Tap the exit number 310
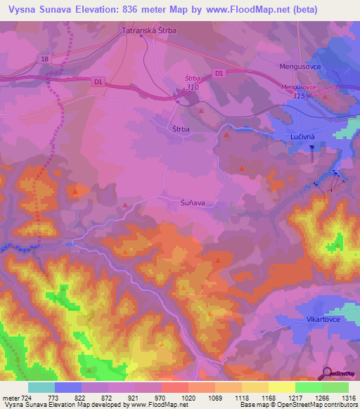click(x=192, y=87)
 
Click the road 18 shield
click(x=46, y=60)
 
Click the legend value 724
click(x=27, y=398)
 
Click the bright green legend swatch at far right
click(x=335, y=387)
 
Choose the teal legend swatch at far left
click(x=41, y=387)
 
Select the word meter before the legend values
click(x=11, y=398)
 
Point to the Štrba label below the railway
click(x=181, y=129)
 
